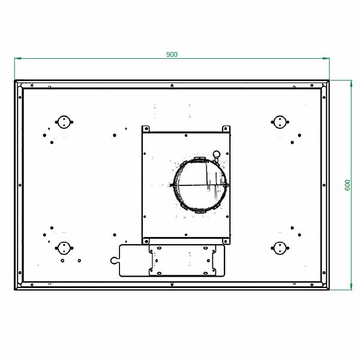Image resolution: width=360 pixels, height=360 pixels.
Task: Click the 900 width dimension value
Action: pos(172,55)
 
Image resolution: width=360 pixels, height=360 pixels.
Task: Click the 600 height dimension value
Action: pos(347,185)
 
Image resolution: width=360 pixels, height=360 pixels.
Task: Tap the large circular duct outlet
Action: pos(200,185)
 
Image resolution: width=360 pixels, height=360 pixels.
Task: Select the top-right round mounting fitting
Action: pos(278,122)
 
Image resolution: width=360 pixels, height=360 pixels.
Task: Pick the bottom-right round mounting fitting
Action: pos(278,247)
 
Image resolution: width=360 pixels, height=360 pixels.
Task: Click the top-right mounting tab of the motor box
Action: pos(226,129)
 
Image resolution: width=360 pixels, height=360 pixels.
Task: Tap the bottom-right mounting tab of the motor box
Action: pos(226,240)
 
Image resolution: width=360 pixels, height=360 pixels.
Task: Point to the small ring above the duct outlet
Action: pos(217,154)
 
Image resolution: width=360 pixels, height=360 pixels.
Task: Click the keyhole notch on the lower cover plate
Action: pos(114,260)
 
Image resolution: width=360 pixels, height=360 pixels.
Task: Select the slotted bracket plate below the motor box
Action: pos(183,260)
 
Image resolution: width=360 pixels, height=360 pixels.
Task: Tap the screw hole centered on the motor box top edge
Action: pos(186,134)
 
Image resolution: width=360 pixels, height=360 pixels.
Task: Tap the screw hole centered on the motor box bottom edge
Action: pos(186,235)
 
